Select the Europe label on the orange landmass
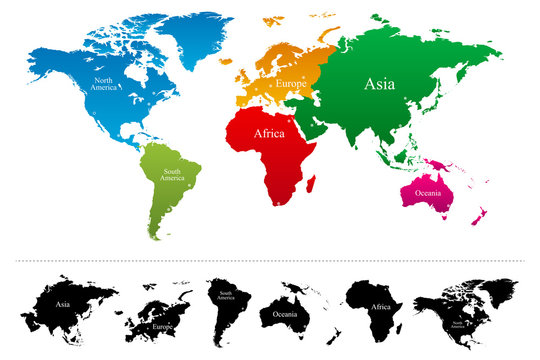pos(292,83)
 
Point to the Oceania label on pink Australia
pos(431,192)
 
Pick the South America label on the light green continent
pos(174,174)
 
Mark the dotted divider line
pos(270,261)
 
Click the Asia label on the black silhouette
pos(61,303)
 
